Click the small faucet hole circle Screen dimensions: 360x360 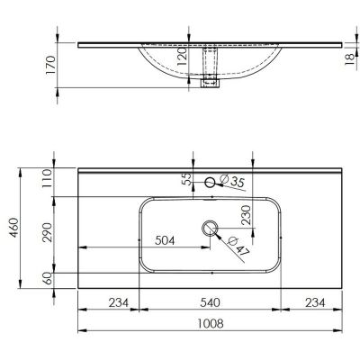point(211,183)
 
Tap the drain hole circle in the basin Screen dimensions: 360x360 point(211,228)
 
